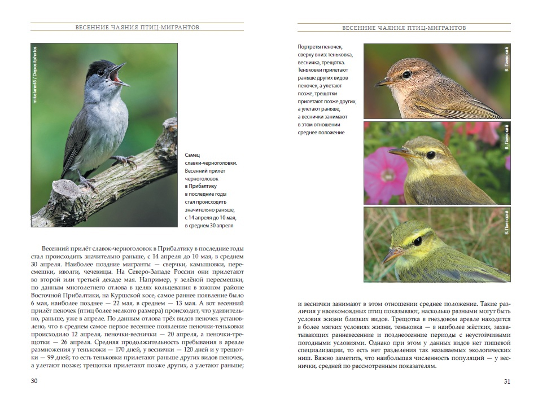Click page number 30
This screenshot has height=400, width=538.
34,381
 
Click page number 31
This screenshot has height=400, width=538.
506,381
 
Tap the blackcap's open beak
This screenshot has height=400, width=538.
120,77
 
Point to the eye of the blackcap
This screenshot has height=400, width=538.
101,72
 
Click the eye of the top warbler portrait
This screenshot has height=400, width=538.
406,74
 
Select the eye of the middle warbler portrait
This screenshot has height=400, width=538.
430,155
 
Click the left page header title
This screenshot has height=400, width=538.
137,27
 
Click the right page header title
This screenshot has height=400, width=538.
404,27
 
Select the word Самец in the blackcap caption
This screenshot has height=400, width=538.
193,155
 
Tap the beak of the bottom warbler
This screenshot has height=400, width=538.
391,255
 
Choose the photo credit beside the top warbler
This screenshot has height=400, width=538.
507,59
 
